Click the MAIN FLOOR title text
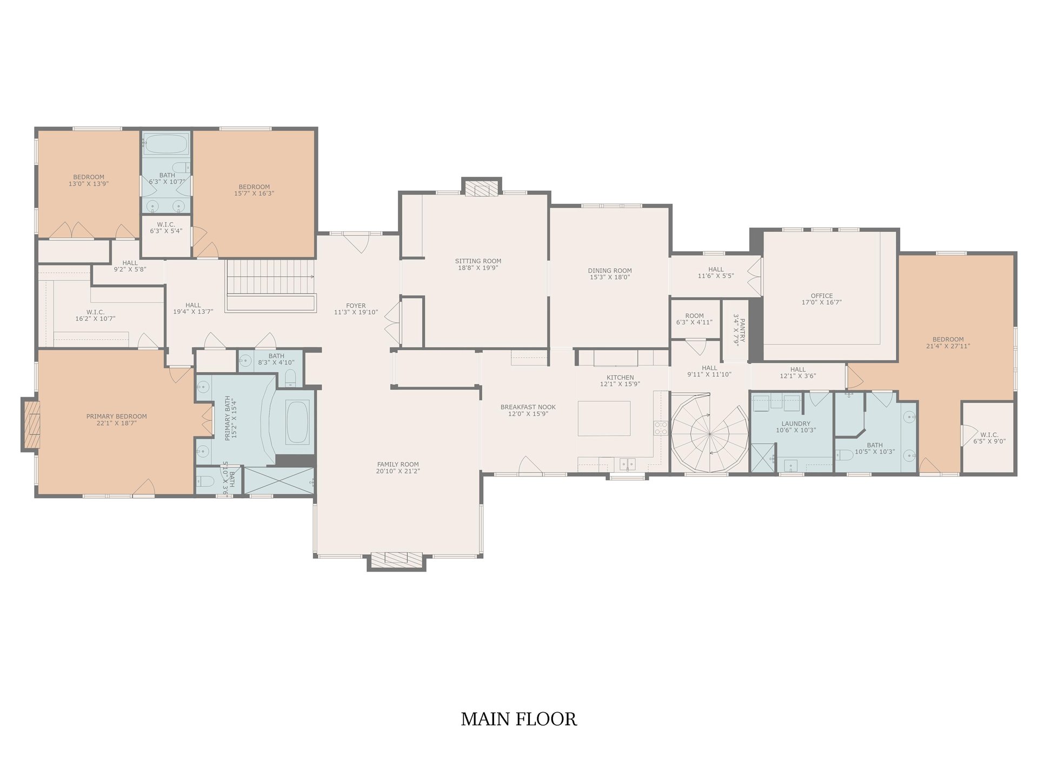coord(518,719)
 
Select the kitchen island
coord(604,418)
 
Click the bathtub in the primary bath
coord(296,422)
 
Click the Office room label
coord(821,296)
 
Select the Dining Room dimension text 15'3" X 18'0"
coord(610,277)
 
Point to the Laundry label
coord(795,424)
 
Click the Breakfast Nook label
coord(528,407)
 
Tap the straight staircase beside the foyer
coord(270,285)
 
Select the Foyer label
coord(356,305)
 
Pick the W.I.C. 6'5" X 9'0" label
coord(989,438)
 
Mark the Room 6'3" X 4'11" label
coord(694,319)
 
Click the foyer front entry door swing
coord(356,243)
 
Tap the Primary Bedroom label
coord(116,417)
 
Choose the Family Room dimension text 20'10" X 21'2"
coord(398,471)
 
